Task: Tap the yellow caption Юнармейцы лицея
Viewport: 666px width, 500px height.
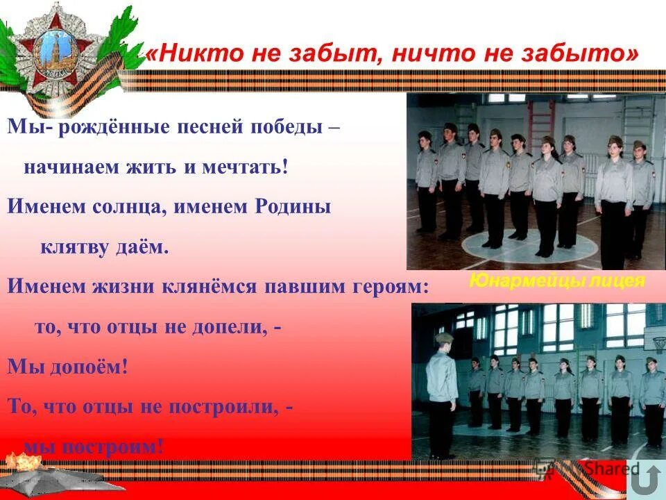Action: pos(556,281)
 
